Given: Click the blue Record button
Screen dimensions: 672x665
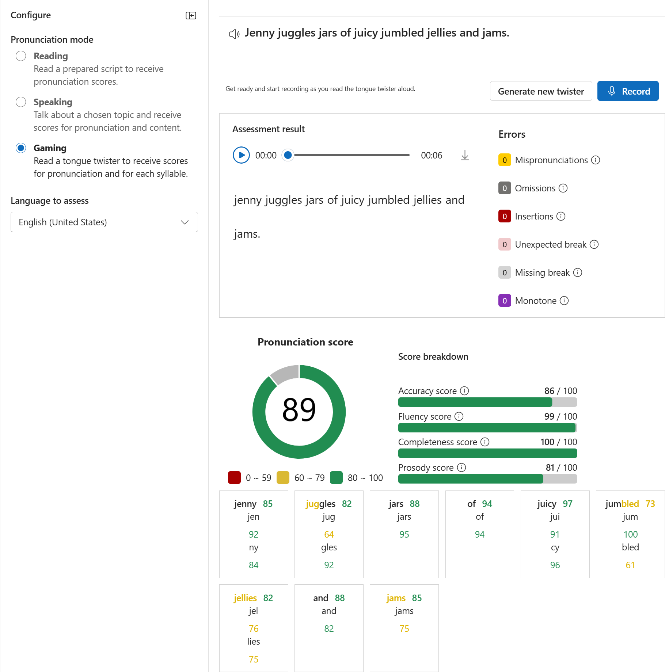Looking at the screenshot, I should [x=628, y=91].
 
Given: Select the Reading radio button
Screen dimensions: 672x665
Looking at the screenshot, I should [x=21, y=56].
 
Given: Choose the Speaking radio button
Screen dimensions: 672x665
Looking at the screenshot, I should [x=21, y=102].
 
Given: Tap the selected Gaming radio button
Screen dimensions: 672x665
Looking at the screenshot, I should [x=21, y=148].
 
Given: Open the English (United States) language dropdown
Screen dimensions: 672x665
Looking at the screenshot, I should [x=104, y=222].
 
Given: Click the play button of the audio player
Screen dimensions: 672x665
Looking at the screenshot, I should [x=241, y=155].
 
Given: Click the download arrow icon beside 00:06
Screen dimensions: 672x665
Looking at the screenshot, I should [x=465, y=155].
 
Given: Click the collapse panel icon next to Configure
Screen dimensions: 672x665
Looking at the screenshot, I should [x=191, y=15].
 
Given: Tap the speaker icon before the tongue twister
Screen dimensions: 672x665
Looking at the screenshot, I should [x=234, y=34].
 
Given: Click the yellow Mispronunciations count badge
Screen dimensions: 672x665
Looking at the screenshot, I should [x=504, y=160].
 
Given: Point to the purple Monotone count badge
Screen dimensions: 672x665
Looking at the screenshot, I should [x=504, y=301].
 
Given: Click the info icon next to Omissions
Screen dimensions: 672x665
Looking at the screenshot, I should [x=563, y=188].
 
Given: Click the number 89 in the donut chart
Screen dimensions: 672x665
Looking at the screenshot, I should [x=299, y=410].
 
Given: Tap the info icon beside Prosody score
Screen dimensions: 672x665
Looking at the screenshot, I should [x=461, y=467].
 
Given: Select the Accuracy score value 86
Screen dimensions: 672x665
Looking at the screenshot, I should [x=549, y=391].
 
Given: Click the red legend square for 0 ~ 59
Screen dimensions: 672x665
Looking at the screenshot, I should [x=234, y=478].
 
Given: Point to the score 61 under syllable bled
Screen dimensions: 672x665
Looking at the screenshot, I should [x=630, y=565].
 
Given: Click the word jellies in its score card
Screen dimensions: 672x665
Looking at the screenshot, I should [x=245, y=598].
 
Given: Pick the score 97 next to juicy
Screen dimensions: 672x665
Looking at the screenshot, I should [x=567, y=504].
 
